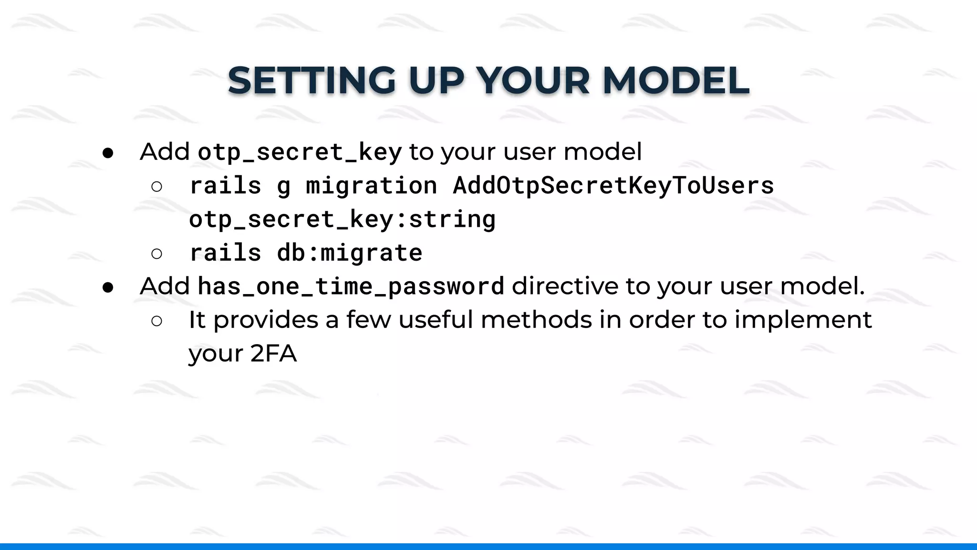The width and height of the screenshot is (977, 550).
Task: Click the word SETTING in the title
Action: pyautogui.click(x=312, y=80)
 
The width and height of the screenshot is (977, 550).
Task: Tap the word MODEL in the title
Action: pyautogui.click(x=676, y=80)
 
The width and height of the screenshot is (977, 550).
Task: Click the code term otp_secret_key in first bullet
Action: pyautogui.click(x=300, y=152)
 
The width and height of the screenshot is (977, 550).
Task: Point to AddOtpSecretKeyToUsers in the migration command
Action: pyautogui.click(x=613, y=185)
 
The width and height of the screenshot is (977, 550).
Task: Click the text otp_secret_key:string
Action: pyautogui.click(x=342, y=219)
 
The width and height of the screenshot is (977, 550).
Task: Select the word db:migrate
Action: pyautogui.click(x=350, y=253)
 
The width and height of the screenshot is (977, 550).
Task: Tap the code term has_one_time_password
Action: pyautogui.click(x=351, y=286)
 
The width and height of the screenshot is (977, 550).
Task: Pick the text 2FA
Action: pyautogui.click(x=273, y=354)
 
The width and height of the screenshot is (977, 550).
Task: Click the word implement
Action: pyautogui.click(x=803, y=320)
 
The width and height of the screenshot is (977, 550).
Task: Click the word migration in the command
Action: pyautogui.click(x=371, y=185)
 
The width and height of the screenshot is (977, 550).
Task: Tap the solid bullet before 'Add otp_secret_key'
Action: pyautogui.click(x=108, y=153)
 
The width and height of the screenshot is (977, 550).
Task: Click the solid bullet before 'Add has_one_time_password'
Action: pyautogui.click(x=108, y=287)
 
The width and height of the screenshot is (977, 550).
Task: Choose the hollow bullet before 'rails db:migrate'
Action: pyautogui.click(x=156, y=254)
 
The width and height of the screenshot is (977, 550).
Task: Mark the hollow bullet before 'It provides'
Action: pyautogui.click(x=156, y=321)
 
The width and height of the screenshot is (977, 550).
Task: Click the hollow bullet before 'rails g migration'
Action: pyautogui.click(x=156, y=186)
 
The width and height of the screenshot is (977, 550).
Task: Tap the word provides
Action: pyautogui.click(x=265, y=320)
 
